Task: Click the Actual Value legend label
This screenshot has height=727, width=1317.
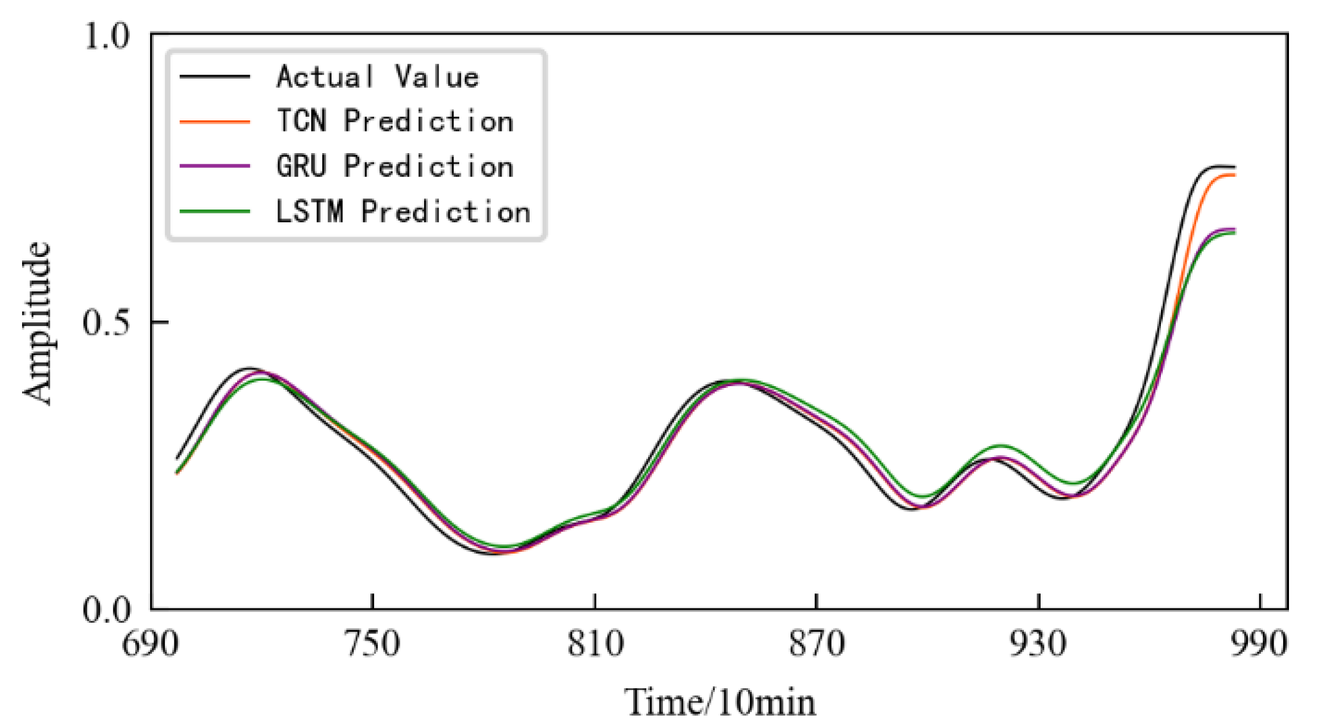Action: (x=378, y=77)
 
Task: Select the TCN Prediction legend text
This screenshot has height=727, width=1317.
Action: (x=395, y=121)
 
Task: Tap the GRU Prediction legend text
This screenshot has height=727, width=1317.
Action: (x=395, y=166)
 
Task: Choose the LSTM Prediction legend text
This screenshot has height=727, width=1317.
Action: (x=403, y=212)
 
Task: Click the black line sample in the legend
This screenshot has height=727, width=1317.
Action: (x=215, y=76)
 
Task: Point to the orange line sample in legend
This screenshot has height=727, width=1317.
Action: (x=215, y=122)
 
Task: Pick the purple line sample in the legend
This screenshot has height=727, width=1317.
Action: (x=215, y=166)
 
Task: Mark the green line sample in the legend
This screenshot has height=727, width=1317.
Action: (x=215, y=211)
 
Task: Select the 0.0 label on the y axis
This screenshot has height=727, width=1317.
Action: (x=106, y=609)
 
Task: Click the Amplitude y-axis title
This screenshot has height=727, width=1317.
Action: (x=37, y=323)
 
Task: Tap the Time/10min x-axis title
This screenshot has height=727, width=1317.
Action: (x=720, y=702)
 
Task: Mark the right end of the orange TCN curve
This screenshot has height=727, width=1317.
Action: (x=1234, y=175)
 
